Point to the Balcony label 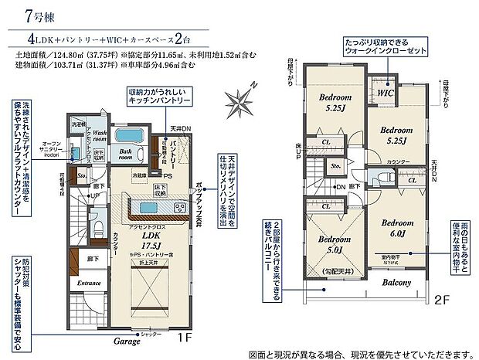click(396, 283)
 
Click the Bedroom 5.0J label click(335, 244)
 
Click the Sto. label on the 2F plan click(336, 165)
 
